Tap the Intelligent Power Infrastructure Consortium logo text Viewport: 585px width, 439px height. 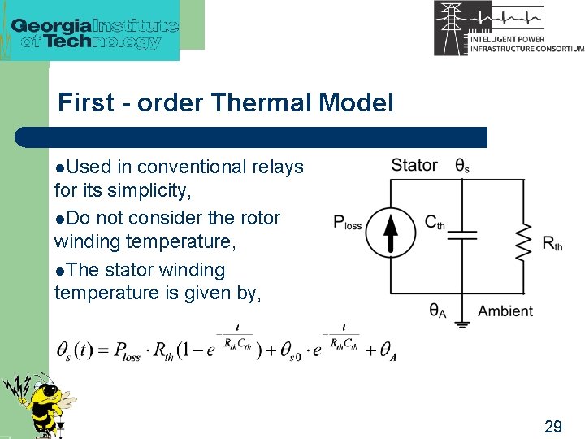pos(526,42)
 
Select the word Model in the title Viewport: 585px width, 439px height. pos(357,103)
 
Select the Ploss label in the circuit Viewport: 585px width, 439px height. pos(348,222)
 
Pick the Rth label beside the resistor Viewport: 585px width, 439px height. pos(552,243)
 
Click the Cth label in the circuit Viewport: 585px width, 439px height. pos(435,222)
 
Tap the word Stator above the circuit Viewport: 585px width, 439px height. pos(414,166)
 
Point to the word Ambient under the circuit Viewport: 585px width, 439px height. pos(505,311)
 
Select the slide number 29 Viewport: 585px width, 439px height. pos(552,426)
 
